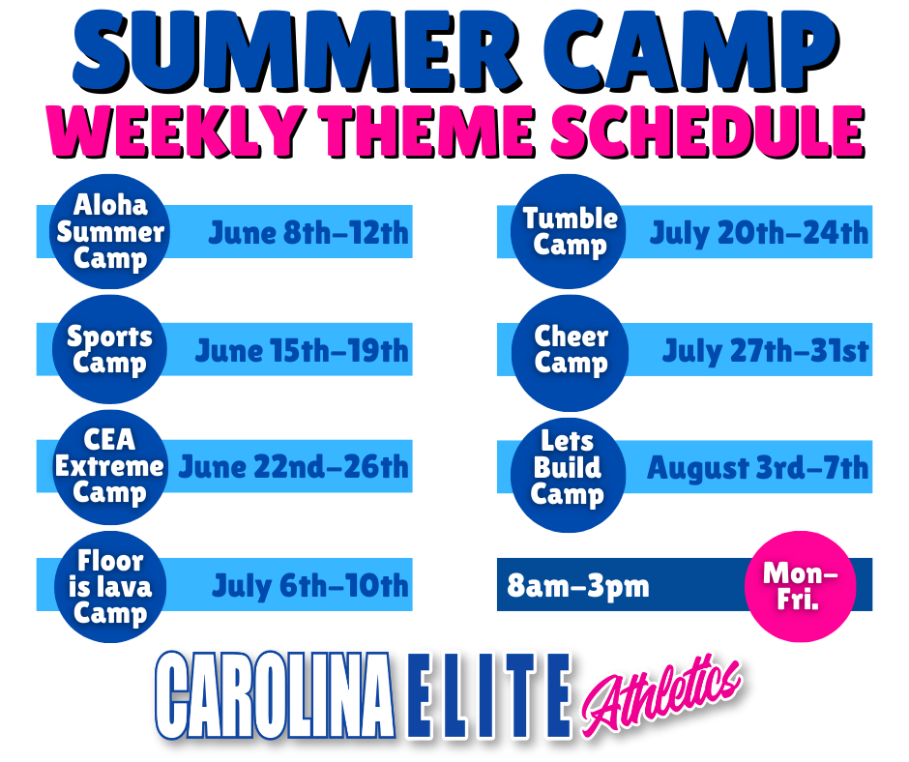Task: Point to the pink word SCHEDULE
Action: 708,132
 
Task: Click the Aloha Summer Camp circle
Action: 110,231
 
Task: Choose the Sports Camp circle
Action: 109,350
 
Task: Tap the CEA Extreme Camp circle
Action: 109,467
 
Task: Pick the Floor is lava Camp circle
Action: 110,586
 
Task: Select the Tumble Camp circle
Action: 570,231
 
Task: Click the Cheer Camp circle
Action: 571,353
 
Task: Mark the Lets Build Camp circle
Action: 569,475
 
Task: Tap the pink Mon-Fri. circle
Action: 800,586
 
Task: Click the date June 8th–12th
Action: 308,233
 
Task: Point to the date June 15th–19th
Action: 302,351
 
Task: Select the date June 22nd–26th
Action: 293,467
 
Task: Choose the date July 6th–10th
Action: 310,586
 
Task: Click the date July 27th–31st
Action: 765,351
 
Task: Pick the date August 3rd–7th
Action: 758,468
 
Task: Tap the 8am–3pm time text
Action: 578,586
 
